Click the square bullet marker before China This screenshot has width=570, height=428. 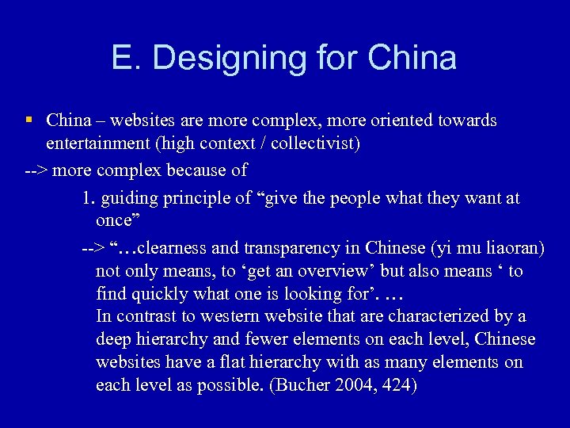point(28,120)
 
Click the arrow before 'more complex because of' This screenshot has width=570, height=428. point(36,170)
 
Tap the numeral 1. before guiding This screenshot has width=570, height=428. point(87,197)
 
